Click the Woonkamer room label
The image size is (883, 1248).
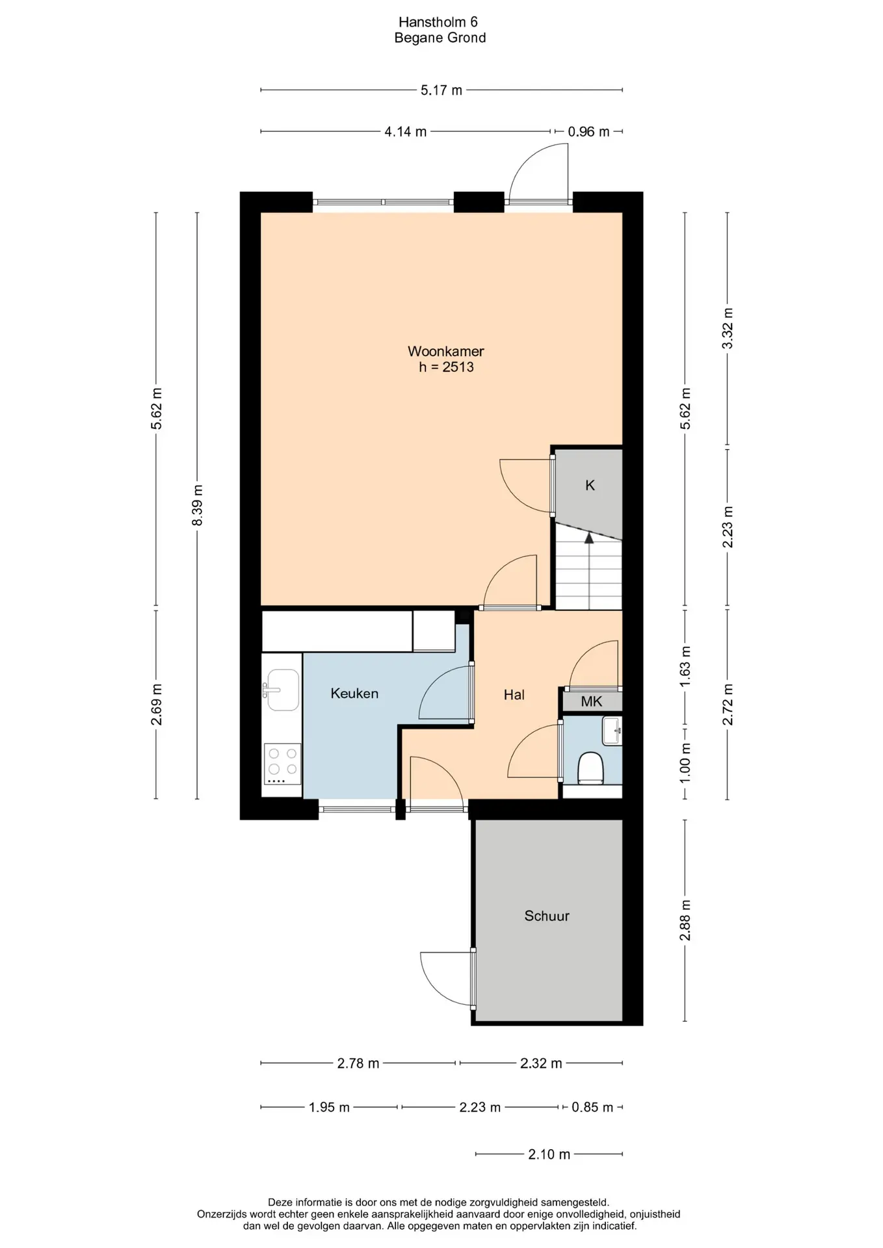[x=445, y=351]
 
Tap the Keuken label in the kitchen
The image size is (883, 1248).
[x=354, y=694]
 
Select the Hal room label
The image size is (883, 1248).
[x=514, y=695]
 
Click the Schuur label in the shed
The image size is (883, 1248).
[x=547, y=916]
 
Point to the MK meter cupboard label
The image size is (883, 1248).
[x=592, y=701]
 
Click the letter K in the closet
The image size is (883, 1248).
[x=590, y=485]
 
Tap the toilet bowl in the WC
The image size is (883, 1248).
[x=591, y=767]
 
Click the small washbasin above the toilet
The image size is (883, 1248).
[x=612, y=731]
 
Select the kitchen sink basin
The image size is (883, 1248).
[x=283, y=690]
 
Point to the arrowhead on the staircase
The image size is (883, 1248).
[x=589, y=538]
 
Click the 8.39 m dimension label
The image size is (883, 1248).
[x=198, y=506]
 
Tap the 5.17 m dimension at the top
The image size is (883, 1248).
[x=441, y=90]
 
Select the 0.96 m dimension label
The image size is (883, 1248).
[x=589, y=132]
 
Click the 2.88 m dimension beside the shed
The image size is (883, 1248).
[x=685, y=920]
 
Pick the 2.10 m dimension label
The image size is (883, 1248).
[x=549, y=1154]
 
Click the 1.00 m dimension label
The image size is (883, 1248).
[x=685, y=762]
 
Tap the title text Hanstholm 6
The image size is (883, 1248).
[x=440, y=21]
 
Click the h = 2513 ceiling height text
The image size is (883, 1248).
[x=446, y=367]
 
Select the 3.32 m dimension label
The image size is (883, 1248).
[x=728, y=328]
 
